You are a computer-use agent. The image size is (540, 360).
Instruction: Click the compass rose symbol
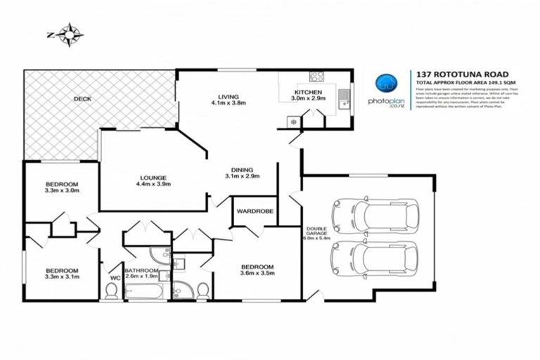coord(71,33)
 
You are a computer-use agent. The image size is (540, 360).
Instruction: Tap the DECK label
coord(82,99)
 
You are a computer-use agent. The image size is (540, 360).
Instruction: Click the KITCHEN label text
coord(308,93)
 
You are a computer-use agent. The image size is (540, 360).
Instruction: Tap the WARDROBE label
coord(255,210)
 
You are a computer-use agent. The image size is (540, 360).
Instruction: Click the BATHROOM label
coord(141,271)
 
